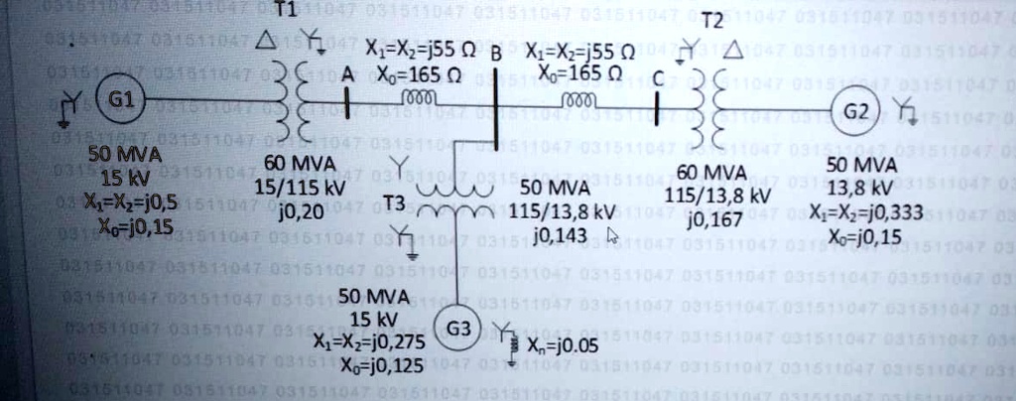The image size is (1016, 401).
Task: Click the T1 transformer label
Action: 285,9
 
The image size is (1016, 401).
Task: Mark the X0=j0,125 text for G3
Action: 369,366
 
